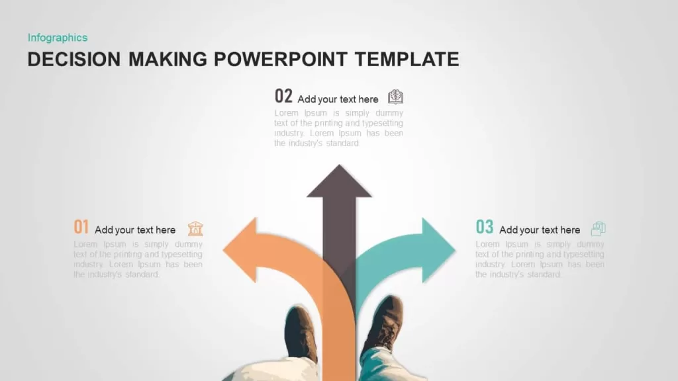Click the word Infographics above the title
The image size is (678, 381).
click(x=58, y=38)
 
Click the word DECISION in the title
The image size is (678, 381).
click(x=74, y=59)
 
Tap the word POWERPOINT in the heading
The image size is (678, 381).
click(x=281, y=59)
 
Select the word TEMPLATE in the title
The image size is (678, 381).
click(x=407, y=59)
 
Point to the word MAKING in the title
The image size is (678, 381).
click(x=168, y=59)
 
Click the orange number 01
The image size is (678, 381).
click(x=81, y=227)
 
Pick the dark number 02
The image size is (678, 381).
click(x=283, y=96)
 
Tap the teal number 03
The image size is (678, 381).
click(x=484, y=227)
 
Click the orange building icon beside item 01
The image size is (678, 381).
click(x=195, y=228)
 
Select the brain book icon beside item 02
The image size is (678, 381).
click(x=396, y=97)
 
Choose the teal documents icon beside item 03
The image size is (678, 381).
click(x=599, y=228)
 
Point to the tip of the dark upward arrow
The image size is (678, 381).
click(x=339, y=165)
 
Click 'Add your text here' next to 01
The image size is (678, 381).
click(x=135, y=230)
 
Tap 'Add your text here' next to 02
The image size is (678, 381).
click(x=338, y=99)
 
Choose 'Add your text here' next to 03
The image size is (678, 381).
click(x=540, y=230)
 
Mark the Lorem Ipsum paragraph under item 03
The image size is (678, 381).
click(x=540, y=259)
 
